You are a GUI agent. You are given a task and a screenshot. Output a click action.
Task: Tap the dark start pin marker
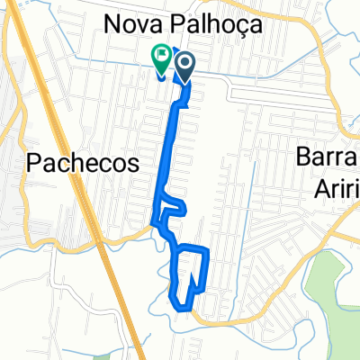coord(185,64)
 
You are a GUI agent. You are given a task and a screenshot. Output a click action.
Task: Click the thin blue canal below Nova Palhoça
coord(90,58)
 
